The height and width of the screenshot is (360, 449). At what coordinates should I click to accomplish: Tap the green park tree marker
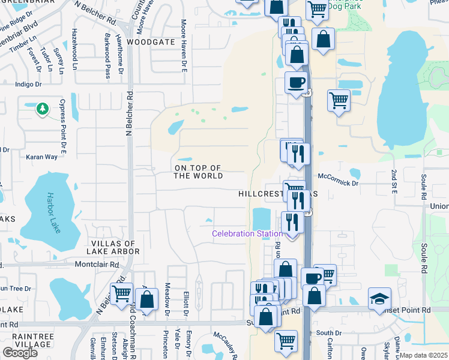tap(42, 109)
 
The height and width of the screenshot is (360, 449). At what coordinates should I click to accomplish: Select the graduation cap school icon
tap(379, 299)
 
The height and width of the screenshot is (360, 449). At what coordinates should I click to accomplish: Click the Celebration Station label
tap(247, 233)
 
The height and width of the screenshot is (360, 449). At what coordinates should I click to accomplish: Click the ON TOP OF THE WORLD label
tap(197, 172)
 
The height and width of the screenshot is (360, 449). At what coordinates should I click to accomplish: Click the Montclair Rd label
tap(94, 264)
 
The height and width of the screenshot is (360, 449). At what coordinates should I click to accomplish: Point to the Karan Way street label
tap(41, 157)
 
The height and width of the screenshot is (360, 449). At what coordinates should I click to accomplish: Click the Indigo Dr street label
tap(28, 85)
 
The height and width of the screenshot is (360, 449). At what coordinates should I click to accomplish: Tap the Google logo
tap(20, 353)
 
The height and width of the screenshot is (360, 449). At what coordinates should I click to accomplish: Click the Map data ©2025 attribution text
tap(423, 355)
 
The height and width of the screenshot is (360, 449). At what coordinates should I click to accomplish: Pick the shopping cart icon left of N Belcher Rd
tap(121, 293)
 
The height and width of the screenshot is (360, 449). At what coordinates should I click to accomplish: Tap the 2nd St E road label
tap(394, 181)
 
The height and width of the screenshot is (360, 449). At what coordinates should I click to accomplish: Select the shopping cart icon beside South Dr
tap(286, 340)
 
